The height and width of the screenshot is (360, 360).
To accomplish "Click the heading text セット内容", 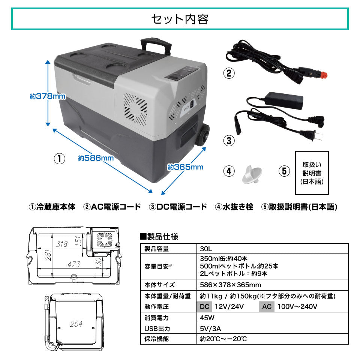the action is tap(180, 19).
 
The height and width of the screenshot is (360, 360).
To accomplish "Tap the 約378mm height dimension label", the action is tap(48, 96).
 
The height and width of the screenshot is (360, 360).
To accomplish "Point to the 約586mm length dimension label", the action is tap(96, 158).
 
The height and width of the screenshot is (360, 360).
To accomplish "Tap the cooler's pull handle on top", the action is tap(156, 46).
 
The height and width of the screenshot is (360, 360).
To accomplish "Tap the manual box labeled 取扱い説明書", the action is tap(312, 173).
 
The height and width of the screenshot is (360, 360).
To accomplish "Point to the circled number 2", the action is tap(229, 73).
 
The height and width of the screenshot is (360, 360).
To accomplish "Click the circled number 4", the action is tap(229, 171).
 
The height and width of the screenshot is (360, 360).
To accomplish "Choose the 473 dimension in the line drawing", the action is tap(74, 264).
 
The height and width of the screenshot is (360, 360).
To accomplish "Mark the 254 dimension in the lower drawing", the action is tap(76, 324).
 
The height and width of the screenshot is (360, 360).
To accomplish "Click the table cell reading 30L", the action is tap(206, 249).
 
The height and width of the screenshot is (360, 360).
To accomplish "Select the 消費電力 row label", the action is tap(156, 318).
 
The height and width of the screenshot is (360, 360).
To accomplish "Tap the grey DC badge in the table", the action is tap(204, 307).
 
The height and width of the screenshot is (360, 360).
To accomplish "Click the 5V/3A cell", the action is tap(210, 329).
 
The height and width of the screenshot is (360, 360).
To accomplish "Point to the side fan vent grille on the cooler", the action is tap(135, 109).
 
